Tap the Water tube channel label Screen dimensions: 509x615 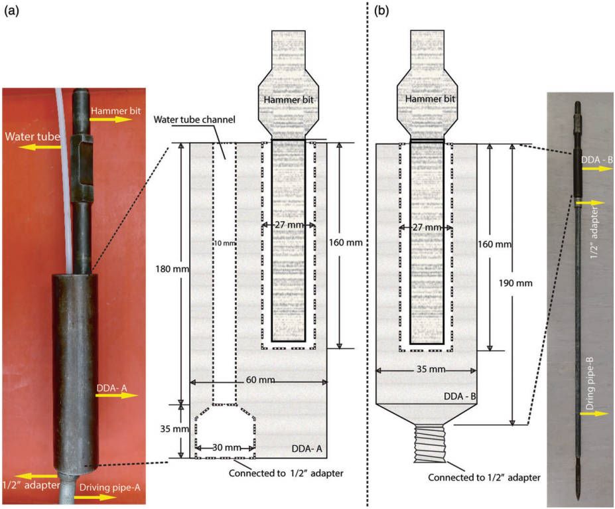coord(187,120)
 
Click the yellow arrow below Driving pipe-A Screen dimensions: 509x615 coord(98,496)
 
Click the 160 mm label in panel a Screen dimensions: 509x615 coord(346,243)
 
